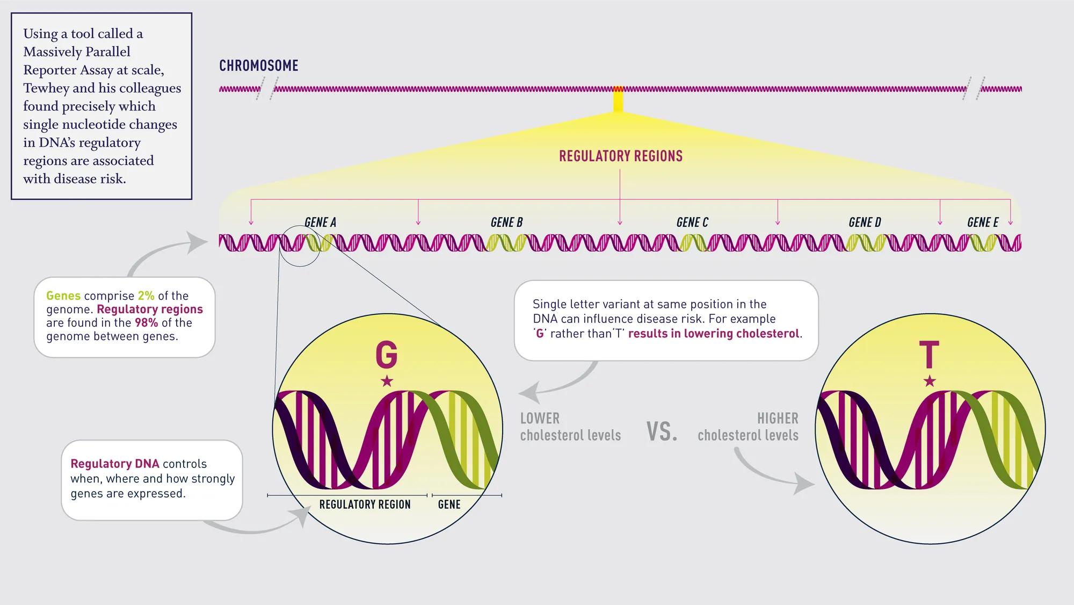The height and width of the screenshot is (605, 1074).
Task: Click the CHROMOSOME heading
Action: pos(258,66)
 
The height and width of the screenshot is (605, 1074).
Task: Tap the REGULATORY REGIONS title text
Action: pos(620,156)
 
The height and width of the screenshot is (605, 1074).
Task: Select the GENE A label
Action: pos(320,222)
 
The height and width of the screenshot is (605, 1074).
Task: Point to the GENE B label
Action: pos(506,222)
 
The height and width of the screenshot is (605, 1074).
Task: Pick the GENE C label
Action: pos(692,222)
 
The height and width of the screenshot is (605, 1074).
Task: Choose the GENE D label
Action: pos(865,222)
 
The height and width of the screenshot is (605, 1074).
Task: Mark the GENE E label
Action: pos(983,222)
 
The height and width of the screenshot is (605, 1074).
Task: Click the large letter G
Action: pos(386,355)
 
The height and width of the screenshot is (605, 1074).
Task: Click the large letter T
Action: pos(929,355)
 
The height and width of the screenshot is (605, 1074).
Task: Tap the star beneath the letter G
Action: pos(387,381)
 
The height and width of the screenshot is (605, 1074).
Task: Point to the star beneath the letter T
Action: pos(930,381)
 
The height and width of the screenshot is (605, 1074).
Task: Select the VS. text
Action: pos(662,431)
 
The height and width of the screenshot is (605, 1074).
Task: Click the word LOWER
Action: pos(540,418)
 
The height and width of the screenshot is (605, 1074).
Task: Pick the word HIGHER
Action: pos(778,418)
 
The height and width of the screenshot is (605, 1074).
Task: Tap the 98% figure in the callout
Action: pos(146,322)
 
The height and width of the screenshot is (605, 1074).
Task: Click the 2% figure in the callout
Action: pos(146,296)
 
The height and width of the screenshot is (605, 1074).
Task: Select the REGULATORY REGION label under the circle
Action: pos(365,505)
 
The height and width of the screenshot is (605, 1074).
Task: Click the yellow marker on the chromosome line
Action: pos(618,100)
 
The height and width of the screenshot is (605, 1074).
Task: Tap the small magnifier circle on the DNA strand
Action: pos(300,246)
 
